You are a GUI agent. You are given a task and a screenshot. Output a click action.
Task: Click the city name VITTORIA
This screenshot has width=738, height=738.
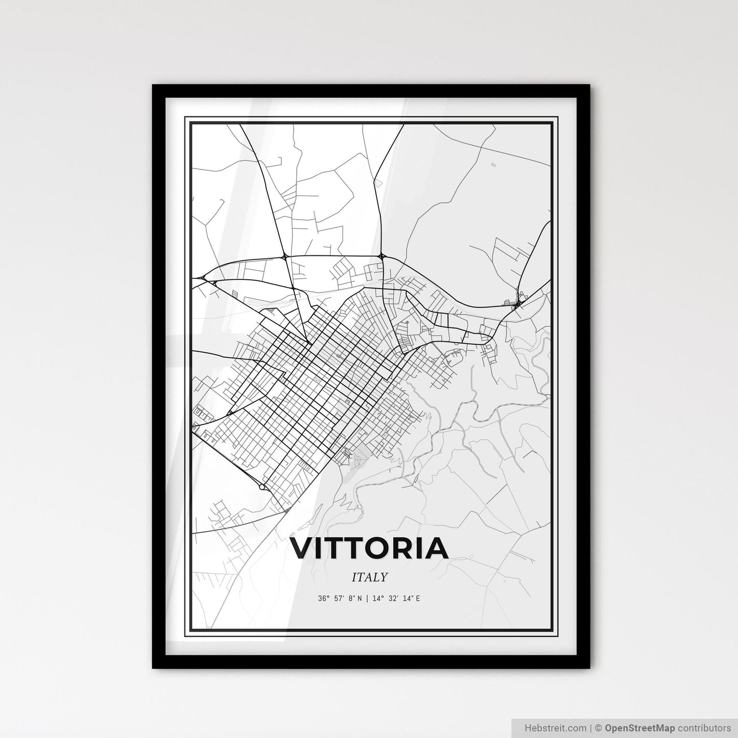pyautogui.click(x=369, y=548)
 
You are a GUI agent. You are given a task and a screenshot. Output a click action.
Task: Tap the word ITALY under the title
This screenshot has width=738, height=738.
pyautogui.click(x=369, y=577)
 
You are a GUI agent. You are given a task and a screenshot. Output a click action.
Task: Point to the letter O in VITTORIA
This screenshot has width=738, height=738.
pyautogui.click(x=380, y=548)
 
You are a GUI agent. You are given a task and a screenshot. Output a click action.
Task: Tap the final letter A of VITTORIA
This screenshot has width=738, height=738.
pyautogui.click(x=437, y=548)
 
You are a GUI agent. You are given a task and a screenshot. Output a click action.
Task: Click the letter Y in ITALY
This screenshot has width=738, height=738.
pyautogui.click(x=384, y=577)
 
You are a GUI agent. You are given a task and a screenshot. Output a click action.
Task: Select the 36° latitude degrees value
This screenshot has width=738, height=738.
pyautogui.click(x=323, y=598)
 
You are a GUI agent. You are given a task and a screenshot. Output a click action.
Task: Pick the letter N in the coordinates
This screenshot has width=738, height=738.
pyautogui.click(x=360, y=598)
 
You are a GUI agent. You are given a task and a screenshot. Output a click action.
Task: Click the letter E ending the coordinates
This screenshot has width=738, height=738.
pyautogui.click(x=418, y=598)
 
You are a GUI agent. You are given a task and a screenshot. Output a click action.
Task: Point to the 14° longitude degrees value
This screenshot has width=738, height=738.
pyautogui.click(x=376, y=598)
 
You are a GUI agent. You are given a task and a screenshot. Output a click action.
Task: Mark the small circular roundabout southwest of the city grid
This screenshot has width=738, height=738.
pyautogui.click(x=261, y=487)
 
